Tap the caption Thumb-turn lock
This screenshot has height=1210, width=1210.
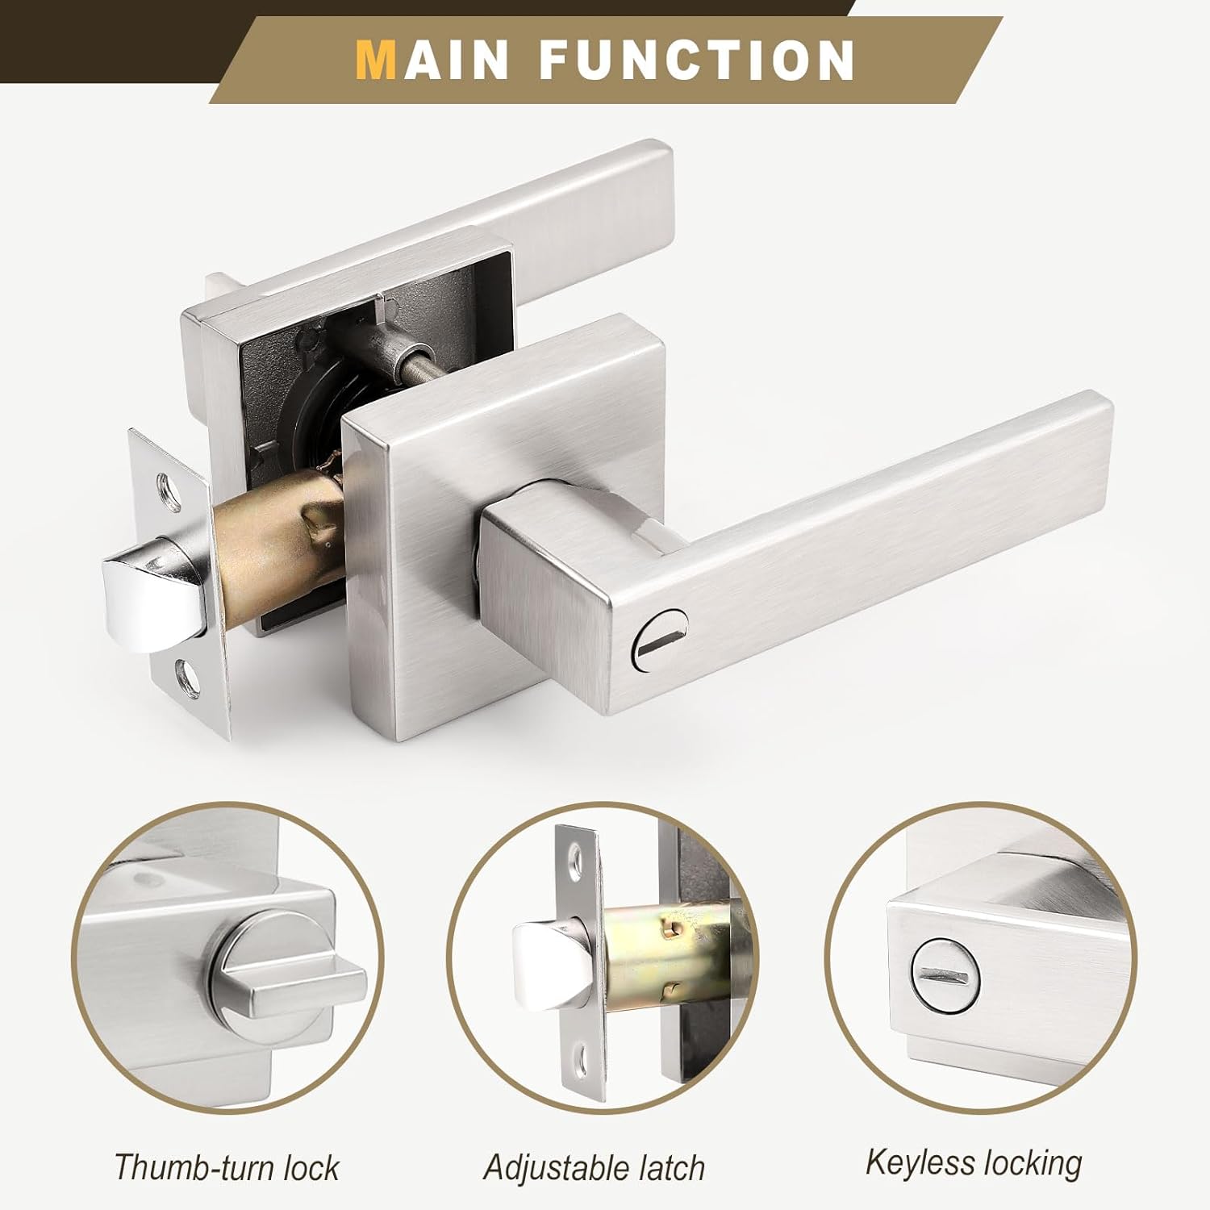tap(227, 1167)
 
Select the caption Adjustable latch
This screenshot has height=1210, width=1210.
tap(595, 1167)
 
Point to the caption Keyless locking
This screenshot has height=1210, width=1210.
tap(974, 1162)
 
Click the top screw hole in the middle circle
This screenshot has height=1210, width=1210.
tap(574, 861)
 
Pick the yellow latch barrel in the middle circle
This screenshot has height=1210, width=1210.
tap(661, 952)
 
